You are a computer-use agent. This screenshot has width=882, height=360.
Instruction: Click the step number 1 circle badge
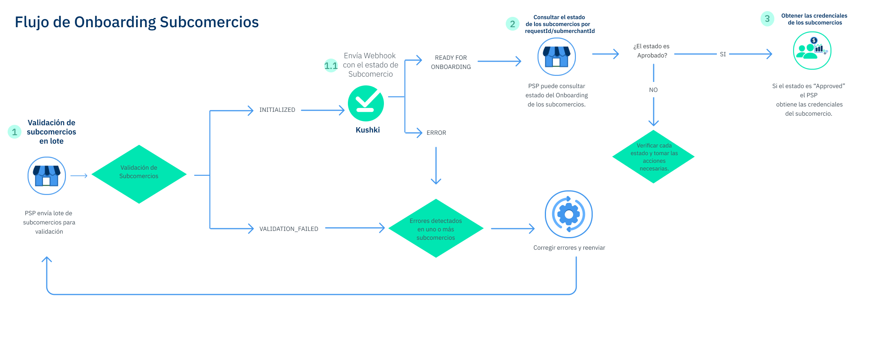[15, 132]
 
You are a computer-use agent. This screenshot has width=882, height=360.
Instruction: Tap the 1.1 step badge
[331, 66]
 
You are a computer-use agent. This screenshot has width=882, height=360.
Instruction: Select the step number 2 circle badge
[512, 24]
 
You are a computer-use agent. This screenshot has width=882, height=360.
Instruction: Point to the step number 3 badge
[767, 19]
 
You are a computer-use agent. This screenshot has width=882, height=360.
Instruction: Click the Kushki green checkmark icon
[366, 103]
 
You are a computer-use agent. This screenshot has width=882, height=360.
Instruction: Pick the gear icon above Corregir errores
[569, 214]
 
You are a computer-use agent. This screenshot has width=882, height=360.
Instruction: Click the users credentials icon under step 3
[812, 51]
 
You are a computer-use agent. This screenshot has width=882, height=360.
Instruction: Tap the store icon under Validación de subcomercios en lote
[47, 176]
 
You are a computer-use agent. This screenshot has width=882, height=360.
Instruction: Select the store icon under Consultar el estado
[556, 57]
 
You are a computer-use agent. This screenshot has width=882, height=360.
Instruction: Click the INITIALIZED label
[277, 110]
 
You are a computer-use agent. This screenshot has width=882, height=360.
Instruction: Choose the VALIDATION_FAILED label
[289, 229]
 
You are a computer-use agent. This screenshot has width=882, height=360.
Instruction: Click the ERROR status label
[436, 133]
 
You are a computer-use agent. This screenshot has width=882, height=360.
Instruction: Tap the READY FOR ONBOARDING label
[451, 62]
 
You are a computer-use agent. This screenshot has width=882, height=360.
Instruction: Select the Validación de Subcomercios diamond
[139, 174]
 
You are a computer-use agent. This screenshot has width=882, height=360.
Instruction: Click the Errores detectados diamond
[436, 229]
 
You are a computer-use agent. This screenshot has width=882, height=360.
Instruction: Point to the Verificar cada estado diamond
[654, 157]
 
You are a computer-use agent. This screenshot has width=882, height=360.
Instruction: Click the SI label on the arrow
[723, 54]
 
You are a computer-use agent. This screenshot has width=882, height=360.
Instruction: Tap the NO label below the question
[653, 90]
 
